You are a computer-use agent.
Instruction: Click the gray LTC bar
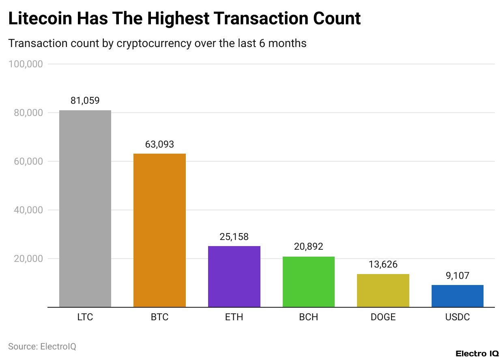pyautogui.click(x=85, y=209)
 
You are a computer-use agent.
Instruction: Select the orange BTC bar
pyautogui.click(x=159, y=230)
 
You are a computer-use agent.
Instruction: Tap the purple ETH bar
pyautogui.click(x=234, y=276)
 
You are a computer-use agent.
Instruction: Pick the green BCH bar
pyautogui.click(x=309, y=282)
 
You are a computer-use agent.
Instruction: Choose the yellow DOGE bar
pyautogui.click(x=383, y=291)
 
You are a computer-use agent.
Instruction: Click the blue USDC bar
pyautogui.click(x=457, y=296)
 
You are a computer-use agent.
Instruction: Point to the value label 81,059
pyautogui.click(x=85, y=101)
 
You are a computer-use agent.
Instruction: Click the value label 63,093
pyautogui.click(x=159, y=144)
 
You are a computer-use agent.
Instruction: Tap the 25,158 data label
pyautogui.click(x=234, y=236)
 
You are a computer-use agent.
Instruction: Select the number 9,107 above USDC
pyautogui.click(x=457, y=276)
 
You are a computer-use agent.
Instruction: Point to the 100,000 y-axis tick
pyautogui.click(x=26, y=64)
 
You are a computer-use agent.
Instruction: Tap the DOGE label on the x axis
pyautogui.click(x=383, y=317)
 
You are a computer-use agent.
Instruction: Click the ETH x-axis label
pyautogui.click(x=234, y=317)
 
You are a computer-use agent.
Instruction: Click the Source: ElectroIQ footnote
pyautogui.click(x=42, y=347)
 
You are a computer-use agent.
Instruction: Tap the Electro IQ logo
pyautogui.click(x=477, y=354)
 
